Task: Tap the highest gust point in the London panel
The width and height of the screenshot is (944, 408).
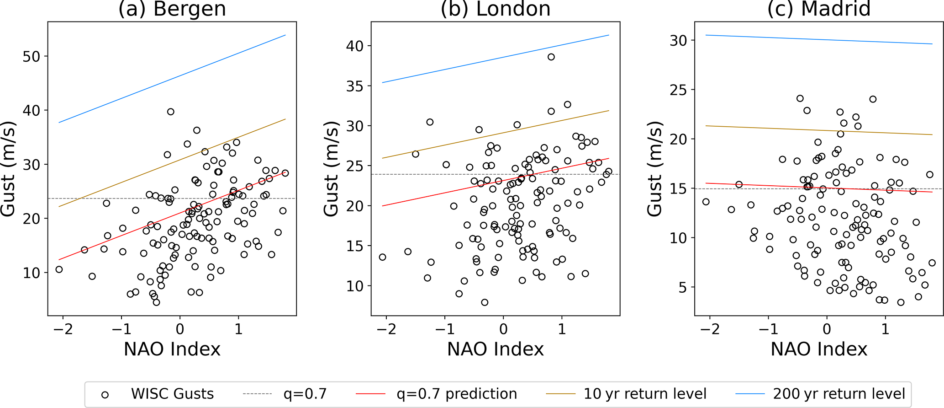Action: pyautogui.click(x=551, y=57)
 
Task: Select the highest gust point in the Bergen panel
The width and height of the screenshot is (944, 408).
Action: pyautogui.click(x=171, y=112)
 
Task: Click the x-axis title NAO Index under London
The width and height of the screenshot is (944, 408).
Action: pyautogui.click(x=496, y=349)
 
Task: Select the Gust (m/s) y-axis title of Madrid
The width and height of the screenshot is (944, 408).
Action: pyautogui.click(x=654, y=169)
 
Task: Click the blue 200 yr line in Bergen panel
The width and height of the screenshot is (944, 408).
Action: pyautogui.click(x=172, y=79)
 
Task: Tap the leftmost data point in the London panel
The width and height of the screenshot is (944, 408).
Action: pyautogui.click(x=383, y=257)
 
